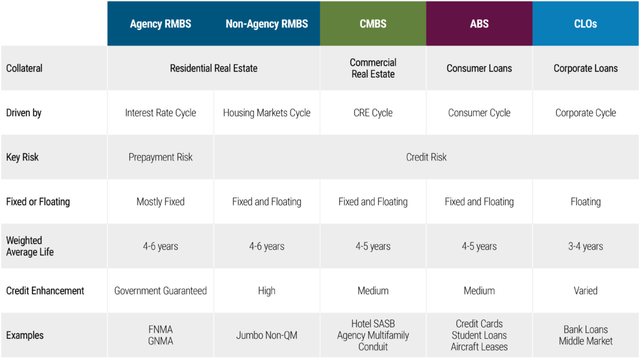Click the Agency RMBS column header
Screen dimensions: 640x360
click(161, 24)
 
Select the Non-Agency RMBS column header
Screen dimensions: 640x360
click(267, 24)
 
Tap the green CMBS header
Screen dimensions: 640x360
click(373, 24)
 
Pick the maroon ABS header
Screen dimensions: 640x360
click(479, 24)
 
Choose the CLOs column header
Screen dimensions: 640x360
click(585, 24)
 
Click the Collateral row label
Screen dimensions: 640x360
click(24, 68)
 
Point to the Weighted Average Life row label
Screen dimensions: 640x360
click(30, 246)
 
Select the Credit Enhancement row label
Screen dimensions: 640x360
click(45, 291)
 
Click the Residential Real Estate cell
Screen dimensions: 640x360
click(214, 68)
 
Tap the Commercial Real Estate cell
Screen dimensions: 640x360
click(373, 68)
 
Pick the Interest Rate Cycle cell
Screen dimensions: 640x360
click(161, 112)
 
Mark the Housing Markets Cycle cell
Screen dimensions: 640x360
click(266, 112)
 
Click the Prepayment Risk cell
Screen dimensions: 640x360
click(161, 157)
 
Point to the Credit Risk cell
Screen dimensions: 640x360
click(426, 157)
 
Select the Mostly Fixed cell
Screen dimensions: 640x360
click(161, 202)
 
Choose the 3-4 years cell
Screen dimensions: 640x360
click(585, 246)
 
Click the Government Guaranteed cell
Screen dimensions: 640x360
click(161, 291)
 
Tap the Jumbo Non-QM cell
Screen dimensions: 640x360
click(266, 335)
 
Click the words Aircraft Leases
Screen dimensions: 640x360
click(479, 347)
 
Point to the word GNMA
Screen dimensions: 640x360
click(161, 341)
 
